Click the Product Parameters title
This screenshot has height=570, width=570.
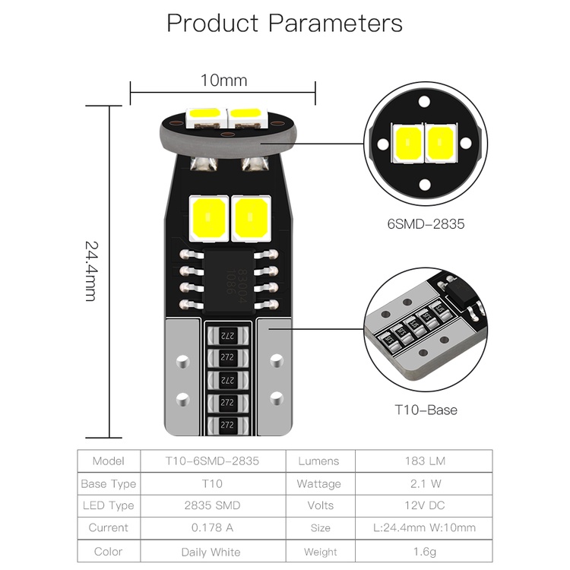(284, 23)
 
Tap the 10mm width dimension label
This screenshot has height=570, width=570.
(223, 80)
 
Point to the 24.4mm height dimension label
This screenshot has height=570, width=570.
(90, 271)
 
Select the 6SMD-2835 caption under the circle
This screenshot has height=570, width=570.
(425, 224)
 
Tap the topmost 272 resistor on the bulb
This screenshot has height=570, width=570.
(225, 334)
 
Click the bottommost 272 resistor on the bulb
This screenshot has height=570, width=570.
(225, 426)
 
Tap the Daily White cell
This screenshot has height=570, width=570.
(211, 552)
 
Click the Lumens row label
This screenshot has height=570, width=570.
(319, 461)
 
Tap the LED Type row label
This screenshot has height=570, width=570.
(108, 505)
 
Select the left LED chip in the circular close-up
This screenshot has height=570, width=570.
(407, 142)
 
